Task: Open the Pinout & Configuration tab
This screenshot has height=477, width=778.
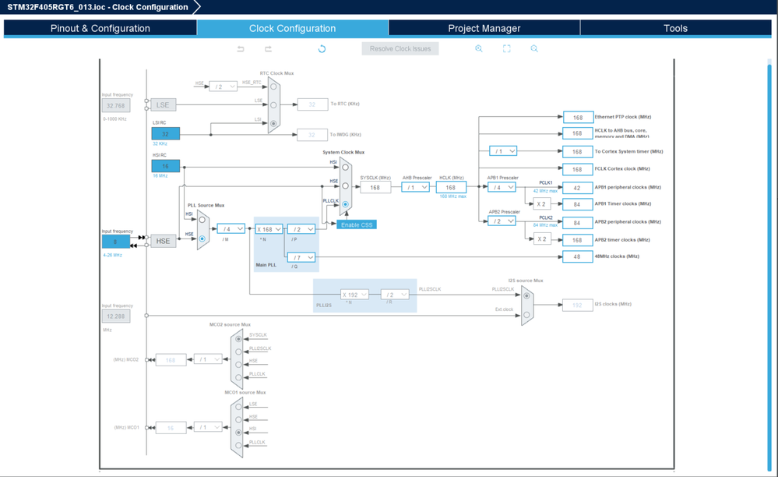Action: click(100, 28)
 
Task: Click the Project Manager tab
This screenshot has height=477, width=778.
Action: click(484, 28)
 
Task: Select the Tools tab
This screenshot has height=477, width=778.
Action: click(675, 28)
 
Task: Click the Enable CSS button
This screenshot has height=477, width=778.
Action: click(357, 224)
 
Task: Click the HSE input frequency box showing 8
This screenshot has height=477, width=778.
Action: click(115, 242)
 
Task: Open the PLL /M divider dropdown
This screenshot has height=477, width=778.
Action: click(231, 229)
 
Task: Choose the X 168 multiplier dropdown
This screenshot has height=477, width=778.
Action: click(269, 229)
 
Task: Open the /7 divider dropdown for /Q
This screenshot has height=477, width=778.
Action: click(301, 256)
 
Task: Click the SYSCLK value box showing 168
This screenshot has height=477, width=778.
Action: click(375, 187)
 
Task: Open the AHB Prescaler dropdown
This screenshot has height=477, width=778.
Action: click(415, 187)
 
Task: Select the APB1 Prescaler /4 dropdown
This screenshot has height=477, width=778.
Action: click(501, 187)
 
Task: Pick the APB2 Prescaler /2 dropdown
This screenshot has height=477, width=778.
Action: click(501, 221)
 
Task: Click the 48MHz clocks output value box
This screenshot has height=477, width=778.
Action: click(577, 256)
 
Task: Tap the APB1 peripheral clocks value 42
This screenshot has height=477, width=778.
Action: click(577, 188)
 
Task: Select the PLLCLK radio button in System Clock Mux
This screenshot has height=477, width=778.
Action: click(345, 204)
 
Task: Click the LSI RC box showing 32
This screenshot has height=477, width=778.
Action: click(165, 134)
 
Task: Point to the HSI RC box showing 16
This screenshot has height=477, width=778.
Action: click(165, 166)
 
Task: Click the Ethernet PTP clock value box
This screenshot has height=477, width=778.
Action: click(577, 117)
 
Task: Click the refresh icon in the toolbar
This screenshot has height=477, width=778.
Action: click(322, 48)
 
